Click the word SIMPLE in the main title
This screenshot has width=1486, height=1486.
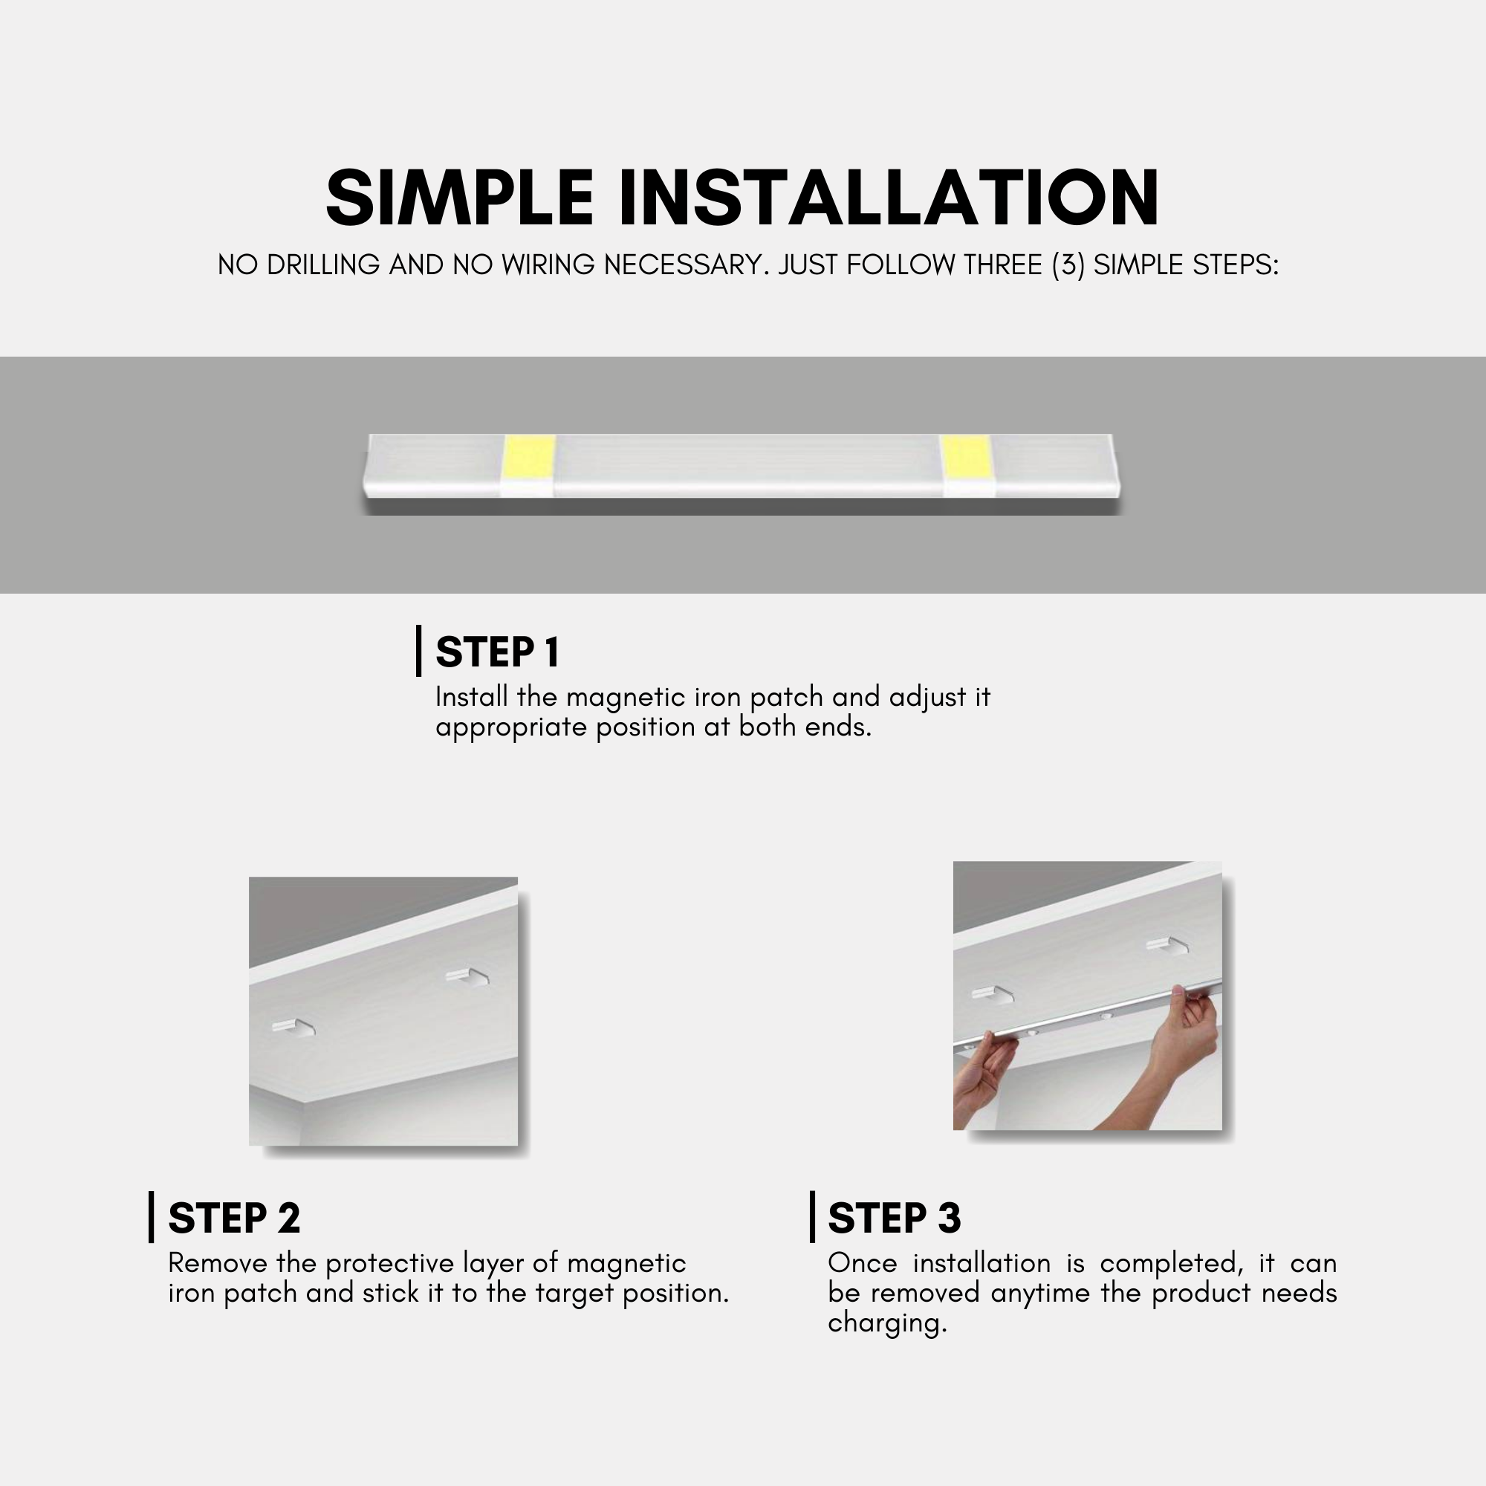coord(459,198)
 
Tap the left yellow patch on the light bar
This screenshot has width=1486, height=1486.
coord(528,457)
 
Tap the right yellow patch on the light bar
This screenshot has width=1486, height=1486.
coord(967,457)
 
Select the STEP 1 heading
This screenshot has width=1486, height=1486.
coord(497,652)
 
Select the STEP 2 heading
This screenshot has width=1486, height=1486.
coord(234,1219)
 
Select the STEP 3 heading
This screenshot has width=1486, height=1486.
coord(894,1219)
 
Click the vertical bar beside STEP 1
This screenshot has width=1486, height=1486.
coord(418,651)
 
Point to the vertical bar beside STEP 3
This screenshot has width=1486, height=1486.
coord(812,1217)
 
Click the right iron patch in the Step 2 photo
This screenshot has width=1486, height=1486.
coord(467,977)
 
